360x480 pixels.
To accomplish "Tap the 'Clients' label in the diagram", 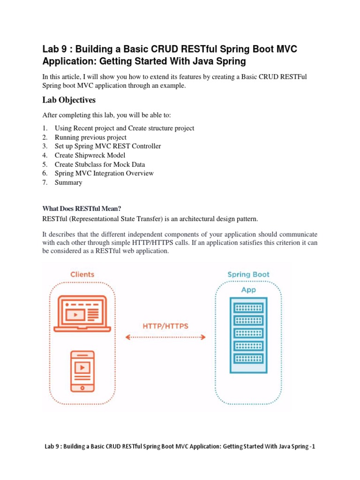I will pyautogui.click(x=82, y=274).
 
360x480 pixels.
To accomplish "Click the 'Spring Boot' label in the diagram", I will pyautogui.click(x=248, y=274).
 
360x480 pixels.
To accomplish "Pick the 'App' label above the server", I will pyautogui.click(x=248, y=290).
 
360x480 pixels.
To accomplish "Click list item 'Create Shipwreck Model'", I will pyautogui.click(x=90, y=155).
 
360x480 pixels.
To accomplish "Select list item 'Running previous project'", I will pyautogui.click(x=90, y=137).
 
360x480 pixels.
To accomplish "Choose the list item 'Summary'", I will pyautogui.click(x=68, y=182).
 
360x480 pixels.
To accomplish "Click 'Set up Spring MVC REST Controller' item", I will pyautogui.click(x=108, y=146).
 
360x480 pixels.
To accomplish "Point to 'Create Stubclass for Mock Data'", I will pyautogui.click(x=100, y=165).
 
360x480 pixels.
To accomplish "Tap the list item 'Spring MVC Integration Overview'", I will pyautogui.click(x=104, y=173).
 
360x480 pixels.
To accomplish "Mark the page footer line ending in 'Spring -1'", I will pyautogui.click(x=180, y=447).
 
